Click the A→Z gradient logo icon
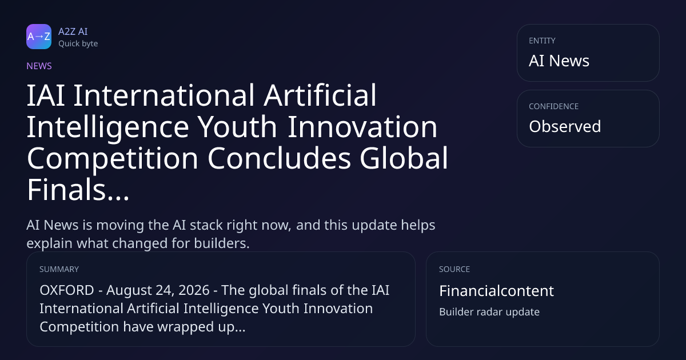click(x=39, y=37)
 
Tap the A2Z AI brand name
click(x=73, y=31)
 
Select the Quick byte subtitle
click(x=78, y=44)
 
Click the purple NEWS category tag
click(x=39, y=66)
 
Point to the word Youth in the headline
click(x=237, y=127)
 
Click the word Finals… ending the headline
click(x=78, y=190)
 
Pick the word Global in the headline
click(x=404, y=158)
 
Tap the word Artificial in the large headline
click(x=320, y=95)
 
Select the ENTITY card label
click(x=542, y=41)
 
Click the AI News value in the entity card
click(x=559, y=61)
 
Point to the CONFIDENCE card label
click(x=554, y=106)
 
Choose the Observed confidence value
click(x=565, y=126)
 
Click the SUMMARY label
click(x=59, y=269)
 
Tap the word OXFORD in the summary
click(x=67, y=290)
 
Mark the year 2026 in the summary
click(x=194, y=290)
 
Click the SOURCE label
click(x=454, y=269)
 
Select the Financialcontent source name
click(x=496, y=291)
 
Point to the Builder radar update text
click(x=489, y=312)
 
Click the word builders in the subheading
click(x=222, y=243)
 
